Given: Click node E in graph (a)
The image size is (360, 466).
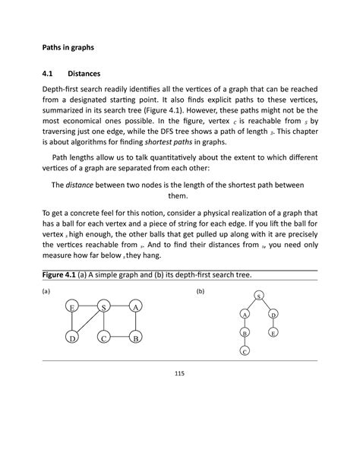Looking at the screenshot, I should pos(71,307).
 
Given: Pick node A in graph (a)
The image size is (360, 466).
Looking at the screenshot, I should pos(134,307).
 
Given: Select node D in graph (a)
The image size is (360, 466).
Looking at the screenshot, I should pos(71,338).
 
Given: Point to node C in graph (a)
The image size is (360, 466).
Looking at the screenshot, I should pos(103,338).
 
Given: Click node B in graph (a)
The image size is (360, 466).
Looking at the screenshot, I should pos(134,338).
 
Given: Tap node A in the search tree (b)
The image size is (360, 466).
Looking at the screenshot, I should pos(245,314).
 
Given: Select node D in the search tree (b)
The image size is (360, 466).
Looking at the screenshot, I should pos(273,314).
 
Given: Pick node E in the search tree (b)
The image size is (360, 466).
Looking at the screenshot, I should pos(273,333).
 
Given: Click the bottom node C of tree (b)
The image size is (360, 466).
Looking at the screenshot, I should pos(245,351).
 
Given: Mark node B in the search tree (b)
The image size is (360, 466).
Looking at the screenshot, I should pos(245,333).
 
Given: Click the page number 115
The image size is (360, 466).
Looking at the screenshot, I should pos(180,373).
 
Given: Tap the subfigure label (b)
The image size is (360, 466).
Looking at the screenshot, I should pos(201,291).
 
